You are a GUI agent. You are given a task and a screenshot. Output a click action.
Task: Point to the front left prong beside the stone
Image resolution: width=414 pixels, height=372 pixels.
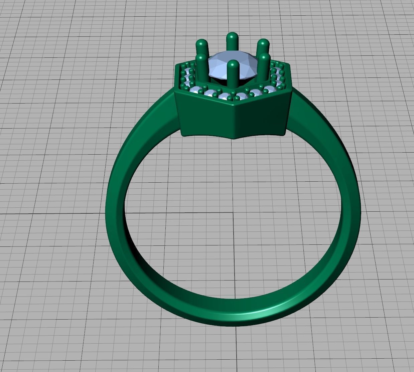click(202, 67)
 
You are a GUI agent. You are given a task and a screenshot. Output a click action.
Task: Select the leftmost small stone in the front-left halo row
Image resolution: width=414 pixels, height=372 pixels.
click(193, 90)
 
